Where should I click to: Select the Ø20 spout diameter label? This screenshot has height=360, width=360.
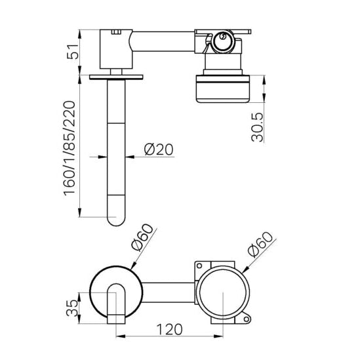[158, 150]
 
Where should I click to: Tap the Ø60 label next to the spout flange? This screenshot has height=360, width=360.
[142, 238]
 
